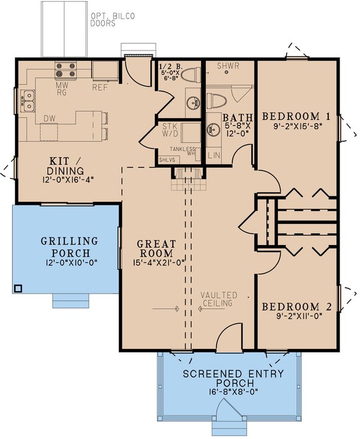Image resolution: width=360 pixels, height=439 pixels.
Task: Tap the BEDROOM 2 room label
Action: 296,307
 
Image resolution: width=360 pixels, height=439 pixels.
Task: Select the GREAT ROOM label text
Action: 157,249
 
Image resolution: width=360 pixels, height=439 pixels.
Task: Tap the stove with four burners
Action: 65,70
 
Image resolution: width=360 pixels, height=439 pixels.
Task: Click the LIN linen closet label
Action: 214,156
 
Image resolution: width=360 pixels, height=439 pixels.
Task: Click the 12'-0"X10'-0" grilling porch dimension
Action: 70,263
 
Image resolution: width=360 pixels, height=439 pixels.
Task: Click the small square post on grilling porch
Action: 18,288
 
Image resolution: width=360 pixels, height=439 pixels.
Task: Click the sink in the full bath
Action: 214,129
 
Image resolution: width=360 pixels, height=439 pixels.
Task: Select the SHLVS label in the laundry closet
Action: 168,160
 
